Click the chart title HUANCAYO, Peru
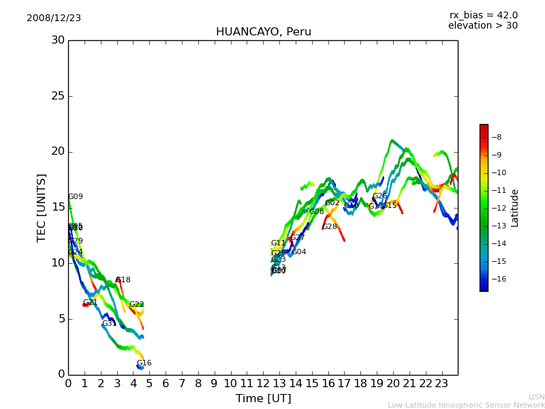tap(263, 32)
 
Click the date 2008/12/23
tap(54, 18)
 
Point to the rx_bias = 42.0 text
tap(483, 16)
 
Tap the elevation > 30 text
tap(483, 26)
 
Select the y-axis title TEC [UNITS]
tap(42, 207)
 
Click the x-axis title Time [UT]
tap(263, 398)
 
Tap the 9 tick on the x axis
tap(214, 384)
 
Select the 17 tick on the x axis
tap(344, 384)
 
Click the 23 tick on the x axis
tap(441, 384)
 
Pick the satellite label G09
tap(76, 197)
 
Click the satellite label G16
tap(144, 363)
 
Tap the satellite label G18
tap(123, 280)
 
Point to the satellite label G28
tap(330, 227)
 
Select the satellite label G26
tap(380, 196)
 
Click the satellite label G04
tap(299, 252)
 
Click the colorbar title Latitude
tap(515, 208)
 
